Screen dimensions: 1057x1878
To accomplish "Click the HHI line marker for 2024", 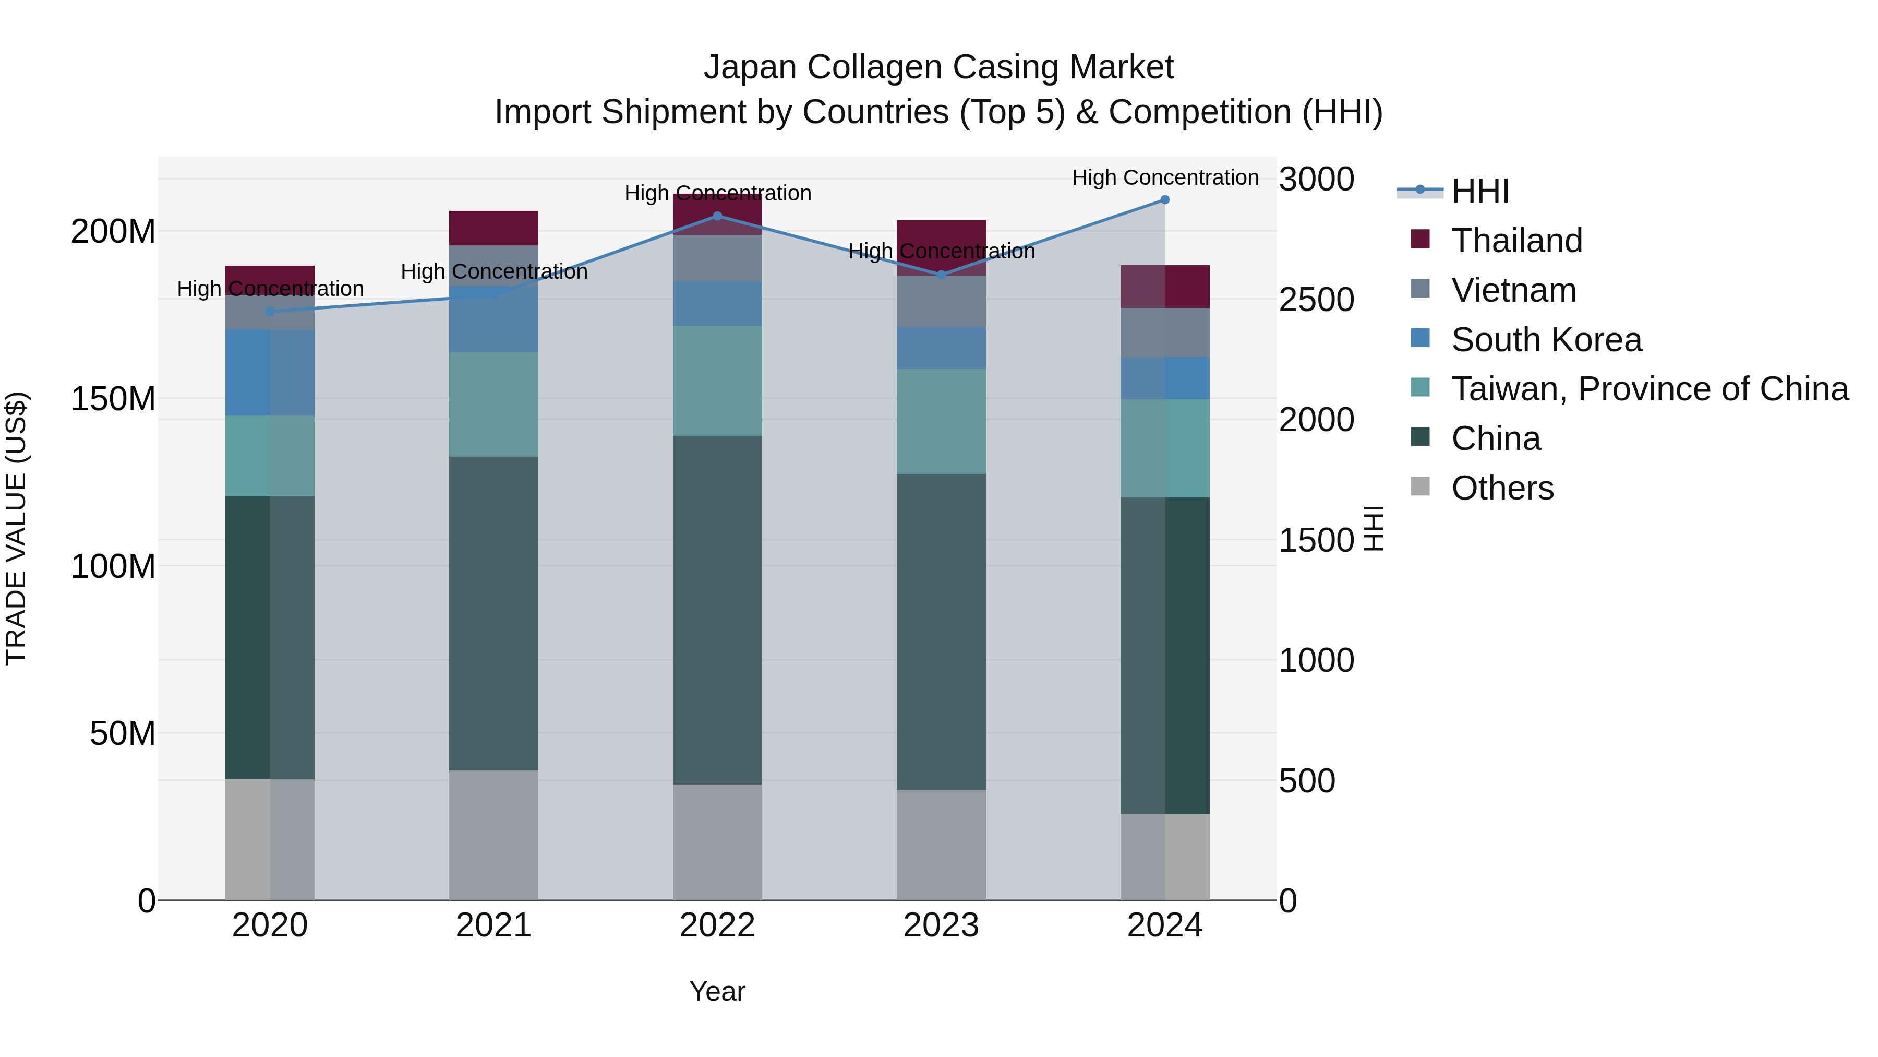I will [x=1164, y=200].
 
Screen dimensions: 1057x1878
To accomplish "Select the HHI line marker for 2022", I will [x=717, y=216].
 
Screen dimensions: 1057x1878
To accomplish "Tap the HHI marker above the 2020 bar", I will [x=270, y=312].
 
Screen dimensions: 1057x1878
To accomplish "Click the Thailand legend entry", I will [x=1516, y=241].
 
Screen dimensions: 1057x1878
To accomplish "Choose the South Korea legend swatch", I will [x=1420, y=338].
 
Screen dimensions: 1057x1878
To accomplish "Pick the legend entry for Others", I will [x=1502, y=488].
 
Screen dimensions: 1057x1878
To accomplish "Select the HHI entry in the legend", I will [x=1480, y=191].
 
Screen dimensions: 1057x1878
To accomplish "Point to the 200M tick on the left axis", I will [x=113, y=232].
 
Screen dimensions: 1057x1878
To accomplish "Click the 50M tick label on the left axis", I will [x=123, y=733].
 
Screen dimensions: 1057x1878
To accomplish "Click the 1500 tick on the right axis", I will [x=1317, y=541].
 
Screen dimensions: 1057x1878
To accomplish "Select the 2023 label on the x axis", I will [x=941, y=925].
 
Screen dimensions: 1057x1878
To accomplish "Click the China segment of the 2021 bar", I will [x=493, y=613].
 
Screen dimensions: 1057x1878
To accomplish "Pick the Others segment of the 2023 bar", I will [x=941, y=845].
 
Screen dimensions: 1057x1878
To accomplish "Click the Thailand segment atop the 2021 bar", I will [x=493, y=228].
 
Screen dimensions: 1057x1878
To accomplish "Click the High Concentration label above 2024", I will [x=1165, y=177].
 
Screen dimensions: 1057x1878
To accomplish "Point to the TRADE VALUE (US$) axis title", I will [x=16, y=528].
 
